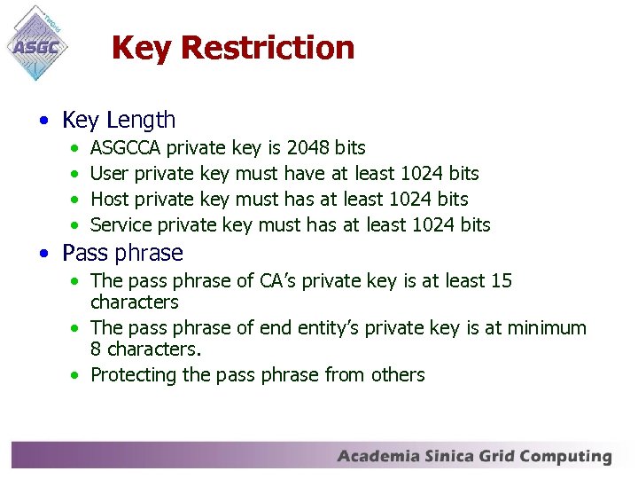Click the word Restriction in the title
268,48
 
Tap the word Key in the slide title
142,48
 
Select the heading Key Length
119,120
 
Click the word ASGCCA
126,148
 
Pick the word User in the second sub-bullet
109,174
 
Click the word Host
110,200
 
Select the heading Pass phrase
122,253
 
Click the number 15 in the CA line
502,281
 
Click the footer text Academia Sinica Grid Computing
474,458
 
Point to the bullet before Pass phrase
43,254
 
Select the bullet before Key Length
43,121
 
